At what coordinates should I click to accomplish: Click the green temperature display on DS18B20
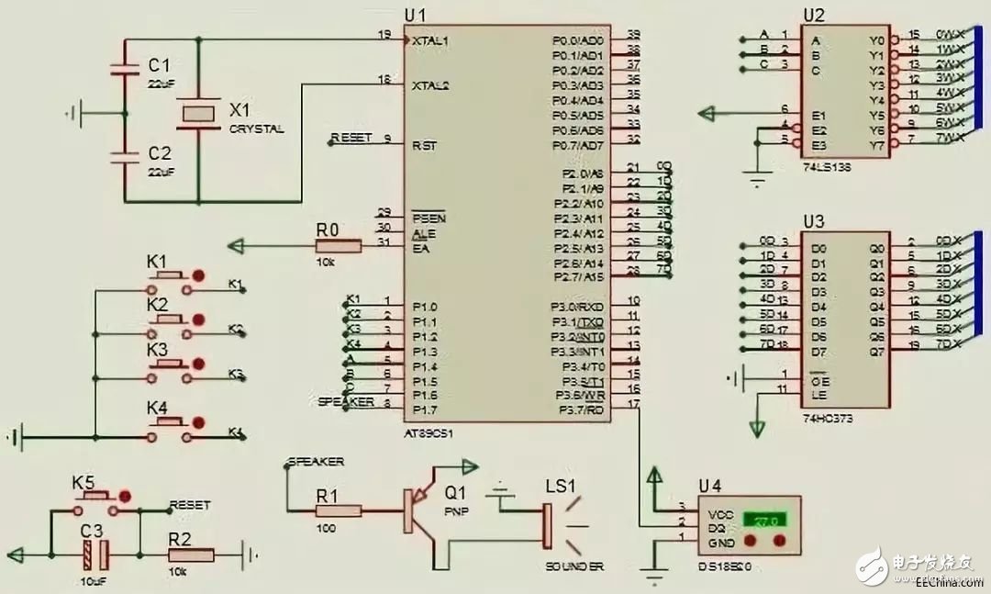point(765,521)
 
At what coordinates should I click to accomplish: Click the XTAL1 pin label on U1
point(431,41)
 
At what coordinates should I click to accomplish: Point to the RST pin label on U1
point(424,145)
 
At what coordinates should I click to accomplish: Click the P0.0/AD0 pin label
point(578,41)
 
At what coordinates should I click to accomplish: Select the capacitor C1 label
point(159,65)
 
